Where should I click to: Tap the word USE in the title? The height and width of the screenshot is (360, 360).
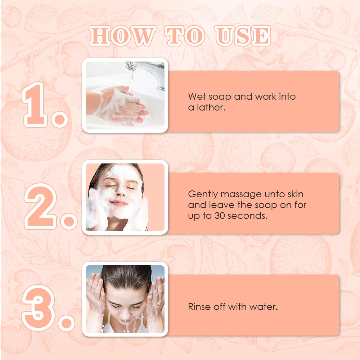click(243, 36)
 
